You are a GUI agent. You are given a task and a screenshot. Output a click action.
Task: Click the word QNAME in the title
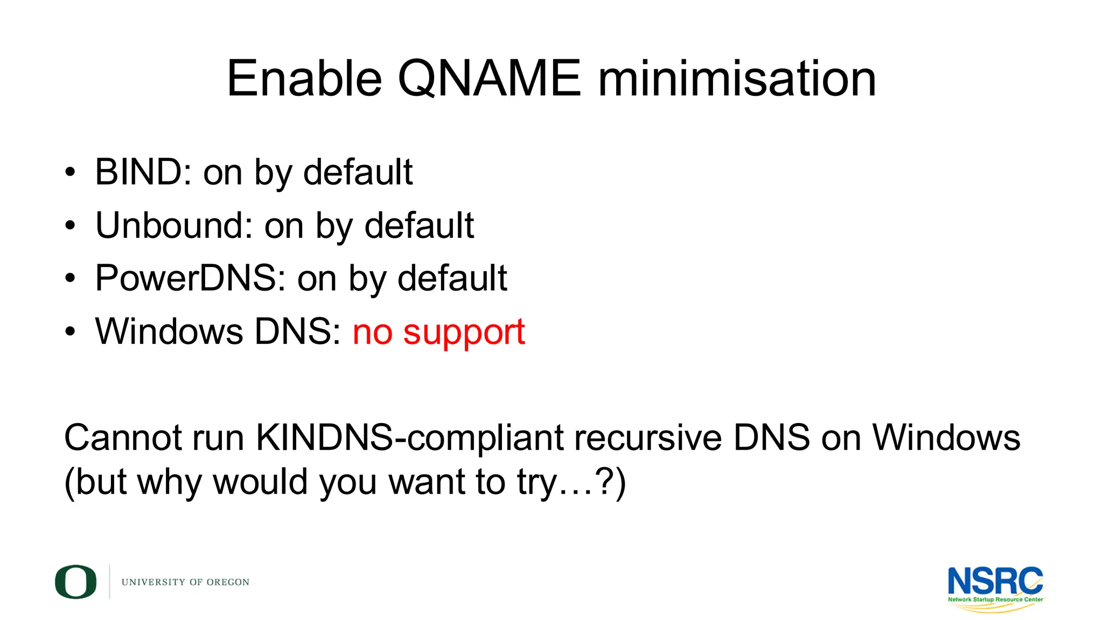(x=489, y=79)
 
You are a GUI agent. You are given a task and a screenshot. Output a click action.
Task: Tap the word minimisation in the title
(x=737, y=79)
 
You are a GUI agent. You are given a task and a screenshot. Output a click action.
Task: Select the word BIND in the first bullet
(x=138, y=172)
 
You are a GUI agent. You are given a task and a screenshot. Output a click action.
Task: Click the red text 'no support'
(x=438, y=332)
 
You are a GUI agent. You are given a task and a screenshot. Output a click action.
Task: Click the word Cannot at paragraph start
(x=123, y=437)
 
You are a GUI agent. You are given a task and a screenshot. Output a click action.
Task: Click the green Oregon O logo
(x=76, y=582)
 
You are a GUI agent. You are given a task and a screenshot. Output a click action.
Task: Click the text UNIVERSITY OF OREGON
(x=185, y=582)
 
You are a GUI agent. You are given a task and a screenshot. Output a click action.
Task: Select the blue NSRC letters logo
(x=995, y=581)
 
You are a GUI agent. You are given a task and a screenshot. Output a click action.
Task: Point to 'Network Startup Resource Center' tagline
(x=995, y=600)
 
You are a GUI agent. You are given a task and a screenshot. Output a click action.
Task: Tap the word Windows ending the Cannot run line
(x=946, y=437)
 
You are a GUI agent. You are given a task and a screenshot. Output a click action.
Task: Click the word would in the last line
(x=260, y=482)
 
